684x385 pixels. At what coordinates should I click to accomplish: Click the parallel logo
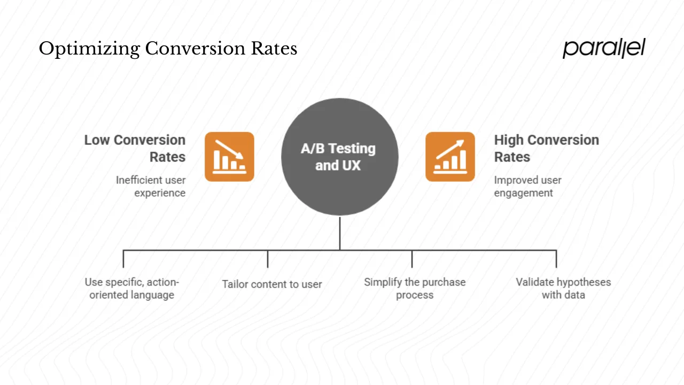[604, 48]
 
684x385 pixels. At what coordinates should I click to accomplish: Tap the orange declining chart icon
[229, 157]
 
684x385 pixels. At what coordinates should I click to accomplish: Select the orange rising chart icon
[450, 157]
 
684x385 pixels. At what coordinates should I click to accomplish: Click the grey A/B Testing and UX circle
[340, 157]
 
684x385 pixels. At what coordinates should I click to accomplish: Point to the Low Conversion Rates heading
[135, 148]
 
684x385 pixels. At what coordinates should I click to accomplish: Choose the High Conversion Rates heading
[546, 148]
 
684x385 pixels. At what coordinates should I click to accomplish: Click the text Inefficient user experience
[151, 187]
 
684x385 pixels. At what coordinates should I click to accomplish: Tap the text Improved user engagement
[527, 187]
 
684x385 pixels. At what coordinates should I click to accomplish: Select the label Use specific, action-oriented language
[132, 288]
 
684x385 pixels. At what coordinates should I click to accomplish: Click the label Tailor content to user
[272, 284]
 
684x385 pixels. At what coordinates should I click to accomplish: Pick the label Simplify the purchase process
[415, 288]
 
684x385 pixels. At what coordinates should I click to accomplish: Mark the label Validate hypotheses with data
[563, 288]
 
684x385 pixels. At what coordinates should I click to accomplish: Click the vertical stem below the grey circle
[340, 233]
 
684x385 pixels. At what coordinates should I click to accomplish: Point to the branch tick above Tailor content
[268, 259]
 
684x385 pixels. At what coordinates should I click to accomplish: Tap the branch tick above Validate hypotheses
[556, 259]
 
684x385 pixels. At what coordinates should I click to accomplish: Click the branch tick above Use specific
[123, 259]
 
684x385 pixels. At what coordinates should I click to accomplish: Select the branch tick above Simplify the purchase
[412, 259]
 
